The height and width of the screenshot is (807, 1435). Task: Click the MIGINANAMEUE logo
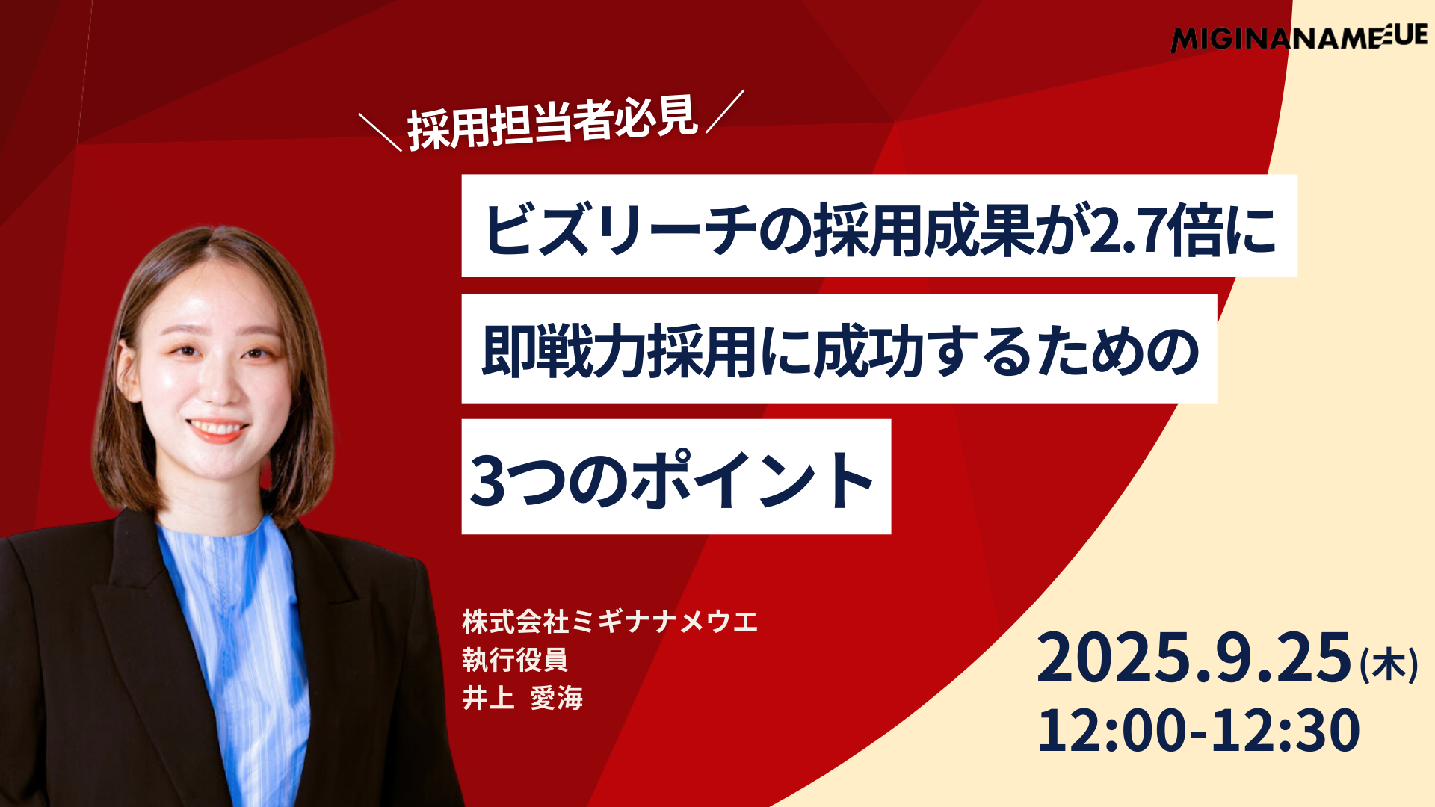[1299, 37]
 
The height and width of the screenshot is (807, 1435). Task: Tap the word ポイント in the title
[752, 480]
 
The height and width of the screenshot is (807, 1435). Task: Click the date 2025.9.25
[1194, 658]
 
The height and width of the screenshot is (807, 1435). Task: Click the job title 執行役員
[515, 660]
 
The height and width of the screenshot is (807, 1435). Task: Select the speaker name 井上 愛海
[522, 698]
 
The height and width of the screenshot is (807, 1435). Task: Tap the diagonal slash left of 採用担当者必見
[380, 132]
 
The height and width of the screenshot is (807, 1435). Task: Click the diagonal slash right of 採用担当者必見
[725, 111]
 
